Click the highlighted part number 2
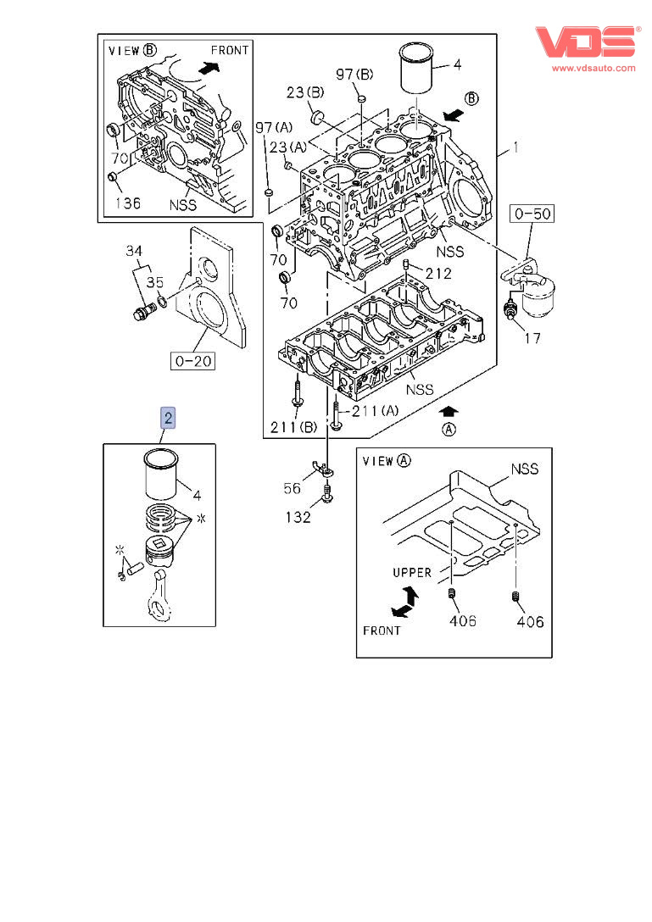168,418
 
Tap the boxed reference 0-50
532,214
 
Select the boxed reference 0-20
193,360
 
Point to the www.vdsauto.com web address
593,68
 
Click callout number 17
532,338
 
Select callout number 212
438,274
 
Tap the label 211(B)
293,427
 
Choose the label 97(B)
354,74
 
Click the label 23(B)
305,92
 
